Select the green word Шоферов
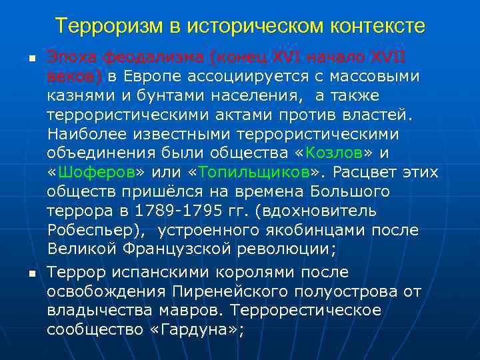click(96, 172)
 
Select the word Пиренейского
click(213, 291)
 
